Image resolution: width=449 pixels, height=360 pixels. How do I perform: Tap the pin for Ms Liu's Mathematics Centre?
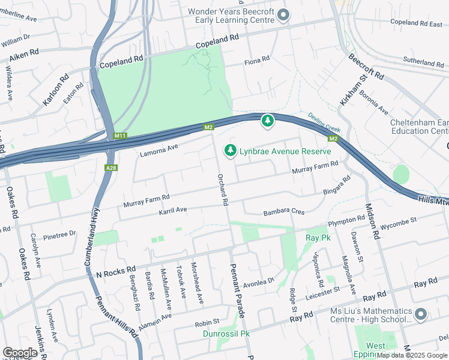click(420, 314)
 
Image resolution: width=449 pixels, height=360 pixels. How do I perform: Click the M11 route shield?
click(119, 136)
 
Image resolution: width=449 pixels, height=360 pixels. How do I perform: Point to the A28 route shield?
click(110, 168)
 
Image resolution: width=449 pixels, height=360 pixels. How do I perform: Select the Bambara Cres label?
click(284, 212)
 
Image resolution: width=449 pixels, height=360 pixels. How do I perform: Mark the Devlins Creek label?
click(324, 123)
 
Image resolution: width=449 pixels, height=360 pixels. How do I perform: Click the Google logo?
click(20, 352)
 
